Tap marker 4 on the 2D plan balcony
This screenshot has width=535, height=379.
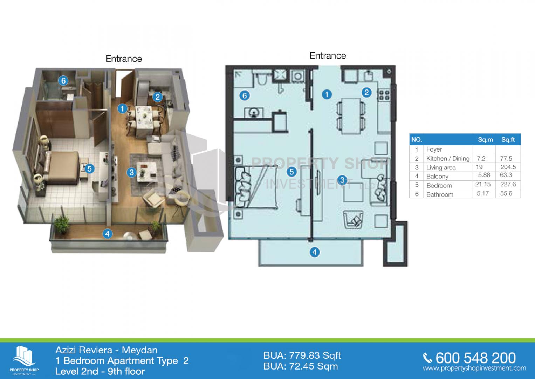pos(315,252)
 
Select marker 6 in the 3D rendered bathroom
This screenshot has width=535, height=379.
pos(63,81)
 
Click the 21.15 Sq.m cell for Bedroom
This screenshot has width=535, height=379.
pos(483,184)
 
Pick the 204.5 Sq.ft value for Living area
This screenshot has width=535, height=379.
pos(508,167)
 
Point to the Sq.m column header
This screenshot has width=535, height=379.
pos(485,140)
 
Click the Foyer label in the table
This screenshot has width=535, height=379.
pos(434,149)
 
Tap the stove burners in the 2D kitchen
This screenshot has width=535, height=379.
pos(384,95)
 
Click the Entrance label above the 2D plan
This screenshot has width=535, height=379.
pos(328,56)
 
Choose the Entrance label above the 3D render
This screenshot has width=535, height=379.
pos(124,59)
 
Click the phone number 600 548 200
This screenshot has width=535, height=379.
pos(475,358)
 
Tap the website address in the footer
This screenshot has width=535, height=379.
pos(474,368)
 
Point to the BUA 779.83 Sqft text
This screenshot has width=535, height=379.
pos(302,355)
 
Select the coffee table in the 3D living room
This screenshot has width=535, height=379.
pos(147,172)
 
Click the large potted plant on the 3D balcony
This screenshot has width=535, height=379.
pos(62,225)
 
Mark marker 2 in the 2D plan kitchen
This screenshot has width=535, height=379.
pos(366,93)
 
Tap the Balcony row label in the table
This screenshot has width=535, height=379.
pos(437,176)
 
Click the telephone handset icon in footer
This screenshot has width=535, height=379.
pos(427,358)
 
